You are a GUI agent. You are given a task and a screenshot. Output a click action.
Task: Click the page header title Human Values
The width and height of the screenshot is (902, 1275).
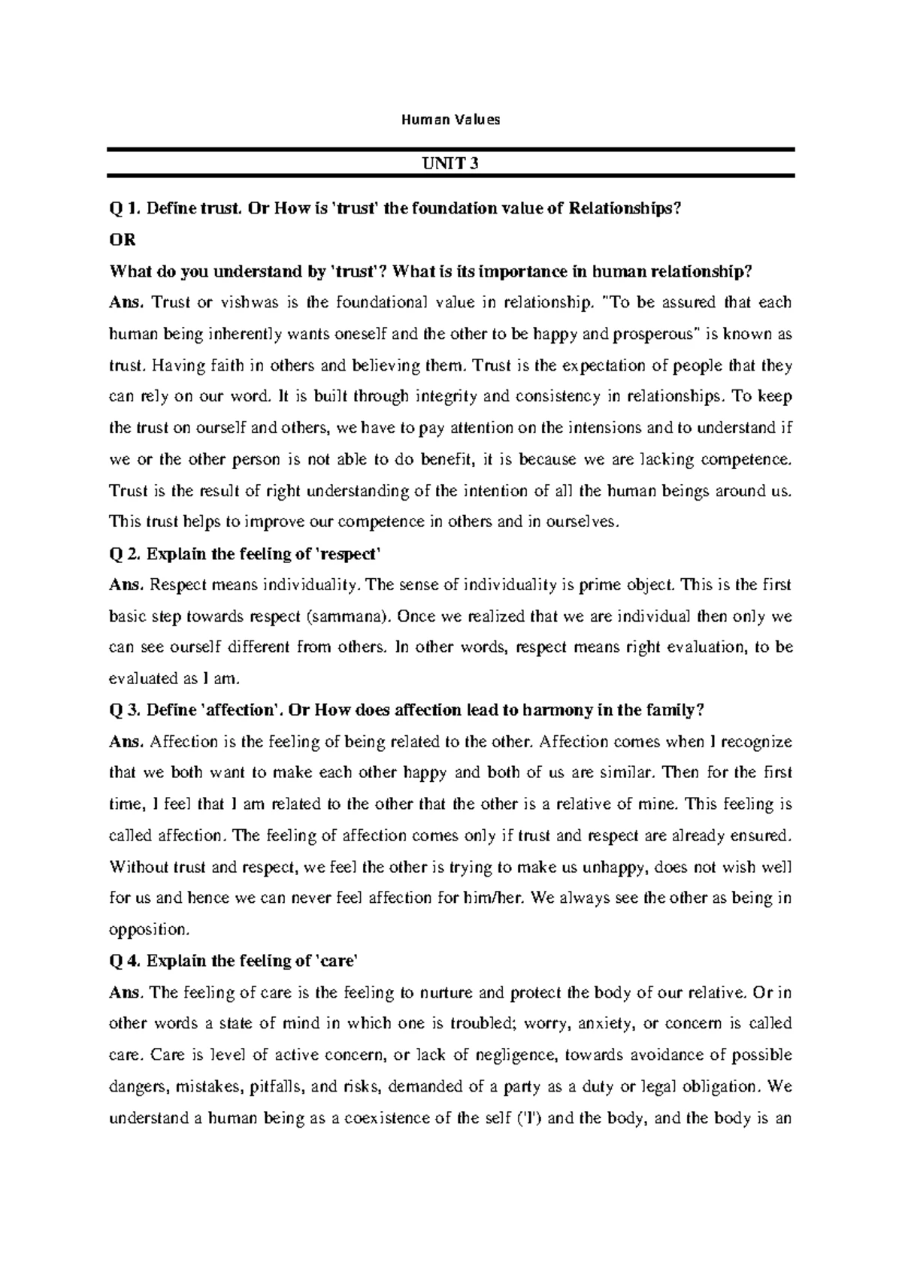(x=450, y=119)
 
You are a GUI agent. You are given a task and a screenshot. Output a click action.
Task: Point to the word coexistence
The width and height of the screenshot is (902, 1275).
(x=377, y=1118)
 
